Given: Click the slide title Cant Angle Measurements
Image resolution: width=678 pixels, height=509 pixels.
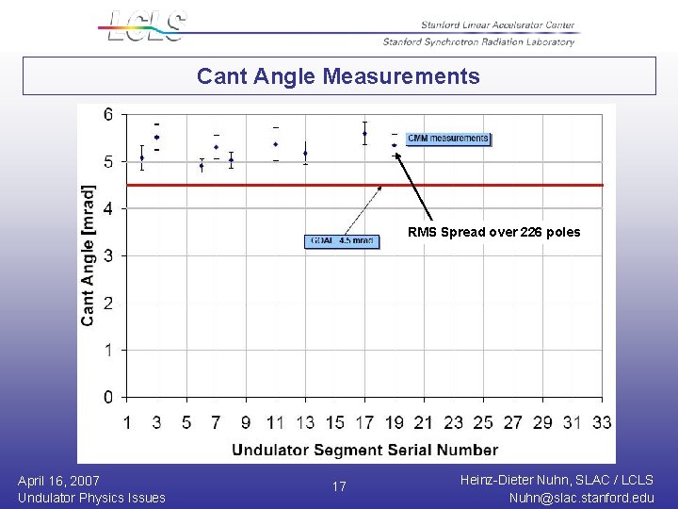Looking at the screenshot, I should [338, 76].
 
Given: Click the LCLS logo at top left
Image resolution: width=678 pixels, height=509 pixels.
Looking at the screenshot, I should [147, 25].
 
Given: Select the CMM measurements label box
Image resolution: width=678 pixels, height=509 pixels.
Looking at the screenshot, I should [447, 139].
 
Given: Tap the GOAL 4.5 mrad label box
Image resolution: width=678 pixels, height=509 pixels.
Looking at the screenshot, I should [342, 241].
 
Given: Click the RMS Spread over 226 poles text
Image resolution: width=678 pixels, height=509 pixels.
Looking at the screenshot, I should [493, 232].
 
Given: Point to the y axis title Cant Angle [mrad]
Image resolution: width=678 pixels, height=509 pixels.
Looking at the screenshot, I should [88, 254].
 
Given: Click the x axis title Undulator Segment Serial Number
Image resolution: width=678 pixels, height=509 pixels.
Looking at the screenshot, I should [364, 450].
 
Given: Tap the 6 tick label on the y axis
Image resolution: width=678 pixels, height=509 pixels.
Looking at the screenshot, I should [109, 115].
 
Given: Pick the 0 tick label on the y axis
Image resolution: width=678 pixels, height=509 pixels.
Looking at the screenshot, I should [109, 397].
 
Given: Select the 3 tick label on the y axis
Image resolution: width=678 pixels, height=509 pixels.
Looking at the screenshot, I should [109, 255].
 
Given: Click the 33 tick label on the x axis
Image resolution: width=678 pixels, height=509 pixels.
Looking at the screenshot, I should [601, 421].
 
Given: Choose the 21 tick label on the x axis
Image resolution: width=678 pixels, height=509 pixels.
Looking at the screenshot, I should [424, 421].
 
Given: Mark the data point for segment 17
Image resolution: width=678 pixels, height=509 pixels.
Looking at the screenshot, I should [364, 133].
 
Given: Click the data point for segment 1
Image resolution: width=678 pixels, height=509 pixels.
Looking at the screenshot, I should [142, 157].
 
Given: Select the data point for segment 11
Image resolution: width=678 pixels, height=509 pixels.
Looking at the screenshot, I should [276, 144].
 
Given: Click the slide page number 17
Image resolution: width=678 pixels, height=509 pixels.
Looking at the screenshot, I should [339, 487].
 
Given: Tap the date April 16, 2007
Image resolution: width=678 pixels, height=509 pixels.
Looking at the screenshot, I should [58, 481].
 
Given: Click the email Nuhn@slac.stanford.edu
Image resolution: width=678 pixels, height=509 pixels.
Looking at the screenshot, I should [581, 498].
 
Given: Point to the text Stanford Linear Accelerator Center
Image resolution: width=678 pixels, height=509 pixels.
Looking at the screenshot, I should [497, 25].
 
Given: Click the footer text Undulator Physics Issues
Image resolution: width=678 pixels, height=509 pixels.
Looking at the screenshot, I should [91, 498].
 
